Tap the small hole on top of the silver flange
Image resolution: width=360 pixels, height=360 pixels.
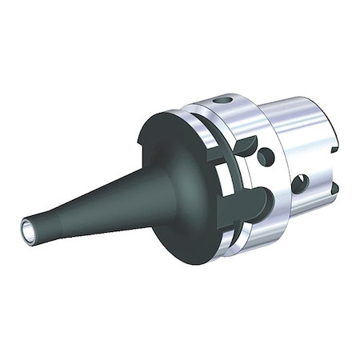point(222,101)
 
